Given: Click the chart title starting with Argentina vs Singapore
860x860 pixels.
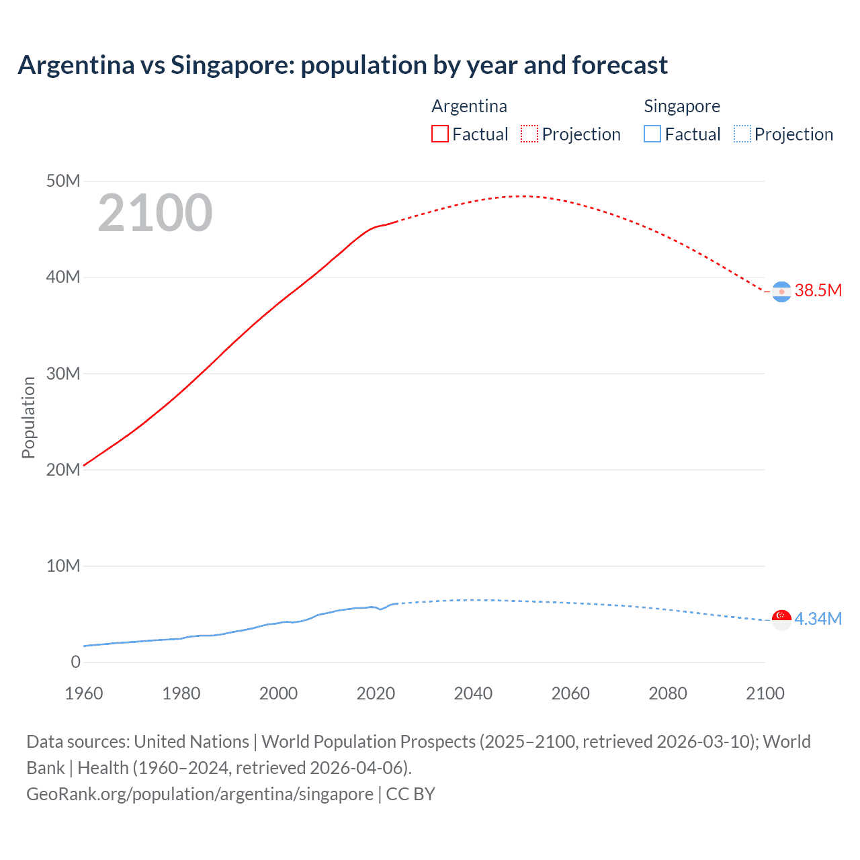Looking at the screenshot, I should (343, 65).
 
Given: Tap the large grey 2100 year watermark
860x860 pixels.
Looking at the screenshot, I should (155, 213).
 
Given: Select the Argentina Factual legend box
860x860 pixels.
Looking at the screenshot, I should (439, 134).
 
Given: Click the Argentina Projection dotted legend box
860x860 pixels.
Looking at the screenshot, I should (529, 134).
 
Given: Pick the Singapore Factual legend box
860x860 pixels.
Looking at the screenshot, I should (652, 134).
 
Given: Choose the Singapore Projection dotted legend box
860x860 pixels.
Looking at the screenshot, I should (742, 134).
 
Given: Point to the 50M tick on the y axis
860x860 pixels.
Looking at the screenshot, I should (63, 181).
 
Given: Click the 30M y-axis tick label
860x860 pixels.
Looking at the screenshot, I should (63, 374).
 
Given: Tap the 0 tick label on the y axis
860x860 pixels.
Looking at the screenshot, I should (75, 662).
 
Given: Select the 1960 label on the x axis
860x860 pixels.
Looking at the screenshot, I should (84, 693).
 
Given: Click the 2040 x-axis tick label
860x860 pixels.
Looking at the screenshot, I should (473, 693).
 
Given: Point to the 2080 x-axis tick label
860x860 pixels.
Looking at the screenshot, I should (668, 693).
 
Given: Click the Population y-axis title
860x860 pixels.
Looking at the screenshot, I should (28, 417).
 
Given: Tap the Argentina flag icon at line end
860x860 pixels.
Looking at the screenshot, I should (781, 292).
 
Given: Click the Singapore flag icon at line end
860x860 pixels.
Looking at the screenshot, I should (781, 619).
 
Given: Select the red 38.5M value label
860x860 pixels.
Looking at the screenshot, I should (818, 290).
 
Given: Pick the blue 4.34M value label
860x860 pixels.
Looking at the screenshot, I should (818, 619).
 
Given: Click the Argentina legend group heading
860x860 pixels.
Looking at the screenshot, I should (469, 106).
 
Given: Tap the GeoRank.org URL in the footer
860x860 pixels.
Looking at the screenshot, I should (200, 794).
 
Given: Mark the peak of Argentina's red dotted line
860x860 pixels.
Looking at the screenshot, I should (521, 196).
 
